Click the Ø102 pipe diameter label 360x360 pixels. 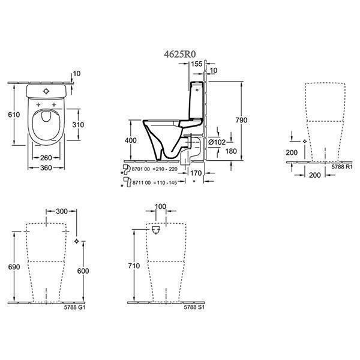tap(216, 142)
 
